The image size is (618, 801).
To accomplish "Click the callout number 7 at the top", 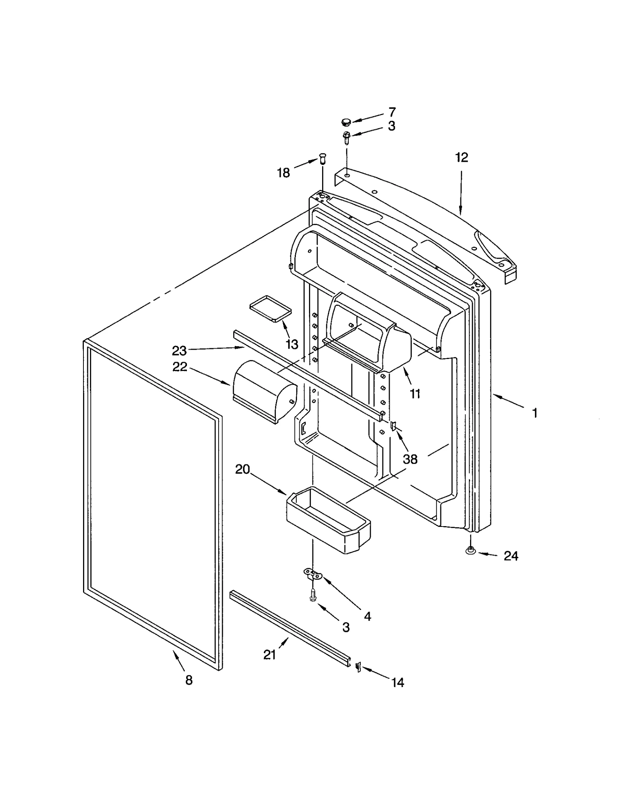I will [392, 112].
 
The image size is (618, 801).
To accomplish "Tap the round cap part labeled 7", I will [346, 123].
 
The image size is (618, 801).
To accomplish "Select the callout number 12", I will [461, 157].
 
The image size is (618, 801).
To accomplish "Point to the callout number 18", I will [284, 173].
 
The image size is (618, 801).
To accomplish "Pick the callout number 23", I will [179, 351].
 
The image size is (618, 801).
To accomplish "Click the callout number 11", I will [415, 394].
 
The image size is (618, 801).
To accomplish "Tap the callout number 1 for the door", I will [535, 413].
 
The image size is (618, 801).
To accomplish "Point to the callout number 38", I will [410, 459].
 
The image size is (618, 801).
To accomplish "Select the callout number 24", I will [511, 556].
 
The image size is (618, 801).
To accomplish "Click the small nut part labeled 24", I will [470, 551].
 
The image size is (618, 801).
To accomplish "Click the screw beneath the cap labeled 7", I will [346, 137].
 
